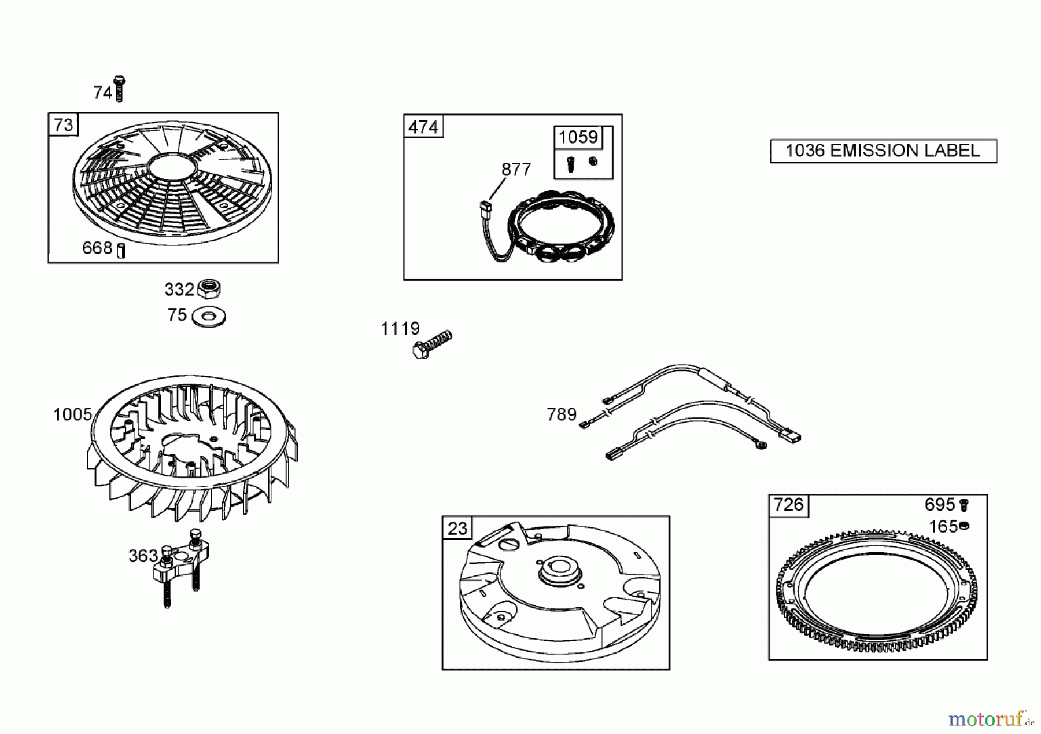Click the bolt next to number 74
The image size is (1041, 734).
click(120, 89)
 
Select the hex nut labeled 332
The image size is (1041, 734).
click(209, 288)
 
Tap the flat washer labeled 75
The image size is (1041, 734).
click(209, 317)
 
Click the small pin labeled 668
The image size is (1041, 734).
click(121, 251)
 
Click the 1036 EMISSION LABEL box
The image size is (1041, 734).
click(884, 151)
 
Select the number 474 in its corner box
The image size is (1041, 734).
click(423, 127)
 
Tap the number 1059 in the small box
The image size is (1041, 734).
click(578, 137)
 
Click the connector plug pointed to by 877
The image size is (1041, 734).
click(485, 207)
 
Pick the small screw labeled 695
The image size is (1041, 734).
click(964, 505)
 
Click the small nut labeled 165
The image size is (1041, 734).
click(964, 526)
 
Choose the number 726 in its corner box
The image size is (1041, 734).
click(789, 505)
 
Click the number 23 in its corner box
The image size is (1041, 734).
click(457, 529)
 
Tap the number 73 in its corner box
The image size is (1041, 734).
click(64, 125)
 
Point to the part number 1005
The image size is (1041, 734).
click(72, 414)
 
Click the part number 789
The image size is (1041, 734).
click(562, 414)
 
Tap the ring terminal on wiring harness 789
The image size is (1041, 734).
click(762, 445)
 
